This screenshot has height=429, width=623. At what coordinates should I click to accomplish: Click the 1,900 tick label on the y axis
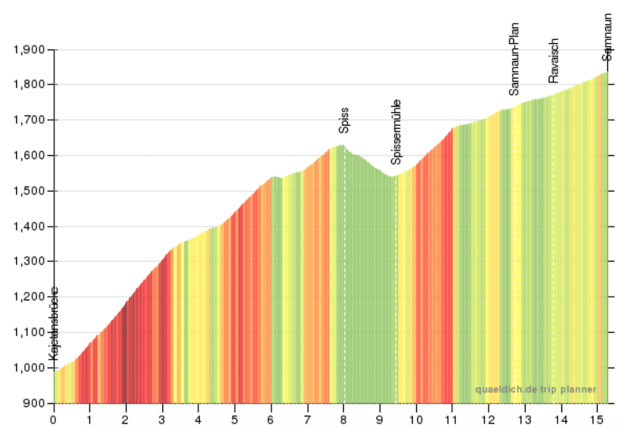pos(29,49)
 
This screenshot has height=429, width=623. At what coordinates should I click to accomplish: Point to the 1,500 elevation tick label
pos(29,191)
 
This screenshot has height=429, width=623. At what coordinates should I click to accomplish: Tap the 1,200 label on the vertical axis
pos(29,297)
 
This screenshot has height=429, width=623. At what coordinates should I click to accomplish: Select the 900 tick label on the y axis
pos(34,403)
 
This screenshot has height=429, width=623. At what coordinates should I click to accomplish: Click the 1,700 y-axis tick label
pos(29,120)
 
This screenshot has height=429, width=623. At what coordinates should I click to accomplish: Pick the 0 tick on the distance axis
pos(54,420)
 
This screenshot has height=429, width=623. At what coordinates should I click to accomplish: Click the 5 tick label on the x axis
pos(234,420)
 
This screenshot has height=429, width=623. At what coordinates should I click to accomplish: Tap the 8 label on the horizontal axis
pos(343,420)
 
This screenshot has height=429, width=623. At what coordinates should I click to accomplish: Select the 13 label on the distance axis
pos(524,420)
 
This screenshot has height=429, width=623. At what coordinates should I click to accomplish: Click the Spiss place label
pos(344,120)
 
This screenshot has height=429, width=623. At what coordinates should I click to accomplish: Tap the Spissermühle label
pos(397,132)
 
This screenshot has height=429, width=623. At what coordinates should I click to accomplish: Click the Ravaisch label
pos(554,61)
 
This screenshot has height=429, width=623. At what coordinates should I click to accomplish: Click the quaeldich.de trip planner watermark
pos(535,389)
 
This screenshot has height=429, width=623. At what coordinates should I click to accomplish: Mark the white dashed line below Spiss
pos(344,274)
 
